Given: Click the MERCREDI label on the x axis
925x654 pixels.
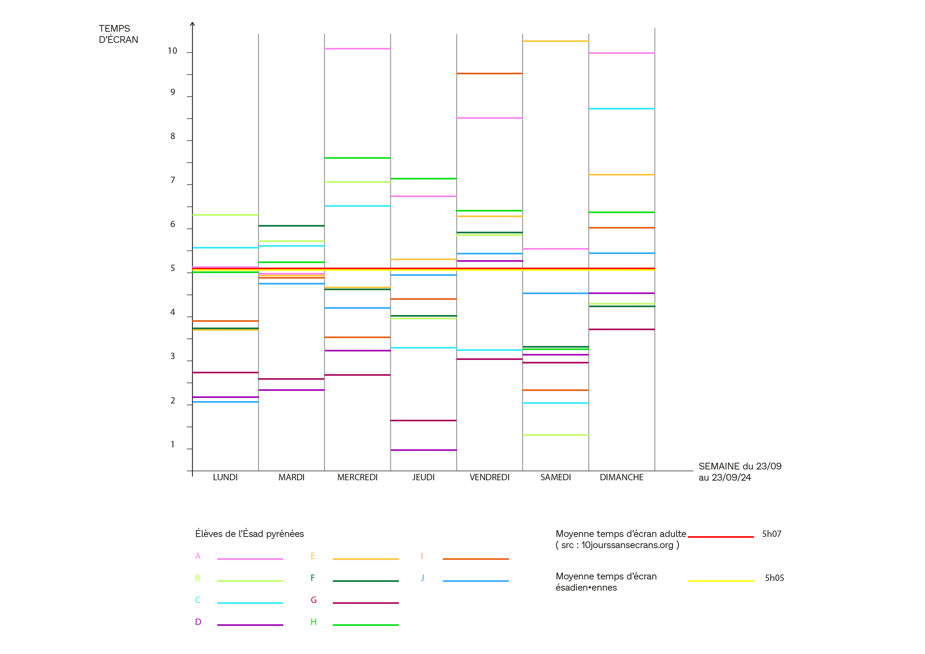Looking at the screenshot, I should [357, 477].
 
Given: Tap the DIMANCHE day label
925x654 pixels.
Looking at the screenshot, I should [621, 477].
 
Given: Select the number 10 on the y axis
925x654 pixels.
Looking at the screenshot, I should [172, 51].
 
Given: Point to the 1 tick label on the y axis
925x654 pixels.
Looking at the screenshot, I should [172, 444].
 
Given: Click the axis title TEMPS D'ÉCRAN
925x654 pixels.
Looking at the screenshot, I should [118, 34].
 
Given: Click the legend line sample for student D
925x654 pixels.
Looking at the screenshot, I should [250, 625].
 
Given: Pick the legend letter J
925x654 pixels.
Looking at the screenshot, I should [422, 578].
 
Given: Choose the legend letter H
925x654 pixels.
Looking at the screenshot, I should [314, 622].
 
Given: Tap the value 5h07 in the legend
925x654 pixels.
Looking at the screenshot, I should [771, 534].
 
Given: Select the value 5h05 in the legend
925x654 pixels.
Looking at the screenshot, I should [774, 578].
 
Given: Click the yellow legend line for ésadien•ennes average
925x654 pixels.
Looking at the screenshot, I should [720, 581].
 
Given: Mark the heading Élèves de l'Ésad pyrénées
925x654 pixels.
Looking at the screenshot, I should [249, 534].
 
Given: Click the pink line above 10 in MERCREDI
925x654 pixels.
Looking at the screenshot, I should [357, 49].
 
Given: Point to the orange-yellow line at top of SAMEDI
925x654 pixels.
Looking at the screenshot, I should [555, 41].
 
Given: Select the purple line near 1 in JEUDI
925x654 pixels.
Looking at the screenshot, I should [423, 450].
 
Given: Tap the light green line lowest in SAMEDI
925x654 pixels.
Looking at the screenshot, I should [555, 435].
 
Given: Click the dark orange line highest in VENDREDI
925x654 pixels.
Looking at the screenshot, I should [489, 74].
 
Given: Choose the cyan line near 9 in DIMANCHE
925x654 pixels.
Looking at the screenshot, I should [621, 109].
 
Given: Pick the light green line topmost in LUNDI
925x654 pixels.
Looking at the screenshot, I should [225, 215].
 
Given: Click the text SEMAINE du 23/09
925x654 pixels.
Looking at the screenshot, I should [740, 466].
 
